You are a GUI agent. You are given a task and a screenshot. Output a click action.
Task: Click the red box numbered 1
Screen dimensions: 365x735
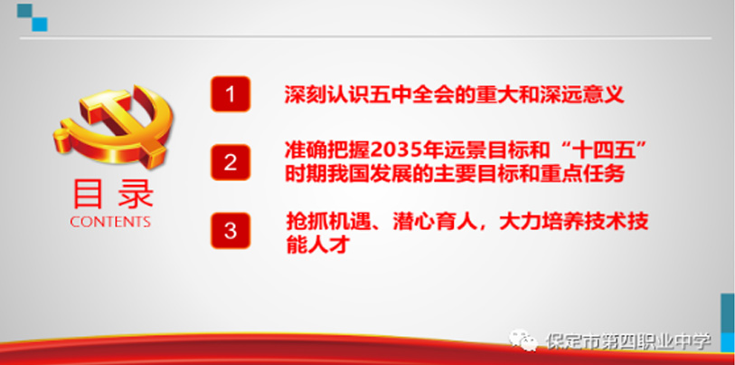[230, 94]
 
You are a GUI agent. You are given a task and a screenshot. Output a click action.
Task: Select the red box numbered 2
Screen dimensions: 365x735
[230, 162]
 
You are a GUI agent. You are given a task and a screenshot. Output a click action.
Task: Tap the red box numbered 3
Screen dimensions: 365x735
[230, 231]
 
